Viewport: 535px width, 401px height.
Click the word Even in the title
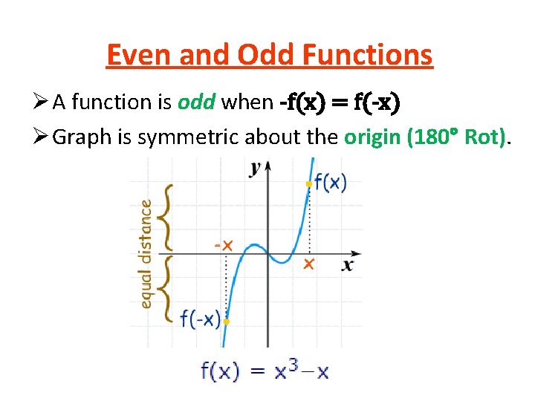pyautogui.click(x=134, y=55)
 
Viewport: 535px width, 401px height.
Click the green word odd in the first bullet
pyautogui.click(x=197, y=102)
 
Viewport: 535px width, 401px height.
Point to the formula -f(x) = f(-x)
pyautogui.click(x=340, y=102)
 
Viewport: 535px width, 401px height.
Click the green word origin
pyautogui.click(x=372, y=137)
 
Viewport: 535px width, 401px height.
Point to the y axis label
pyautogui.click(x=256, y=168)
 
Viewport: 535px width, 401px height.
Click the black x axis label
pyautogui.click(x=348, y=265)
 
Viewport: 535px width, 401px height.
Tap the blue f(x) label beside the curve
pyautogui.click(x=331, y=182)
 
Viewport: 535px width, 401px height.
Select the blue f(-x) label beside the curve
pyautogui.click(x=201, y=319)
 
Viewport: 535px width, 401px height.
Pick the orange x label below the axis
pyautogui.click(x=308, y=264)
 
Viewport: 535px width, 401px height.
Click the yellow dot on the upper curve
pyautogui.click(x=308, y=183)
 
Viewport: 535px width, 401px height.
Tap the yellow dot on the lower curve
pyautogui.click(x=226, y=322)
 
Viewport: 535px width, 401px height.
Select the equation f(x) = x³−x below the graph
pyautogui.click(x=265, y=371)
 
